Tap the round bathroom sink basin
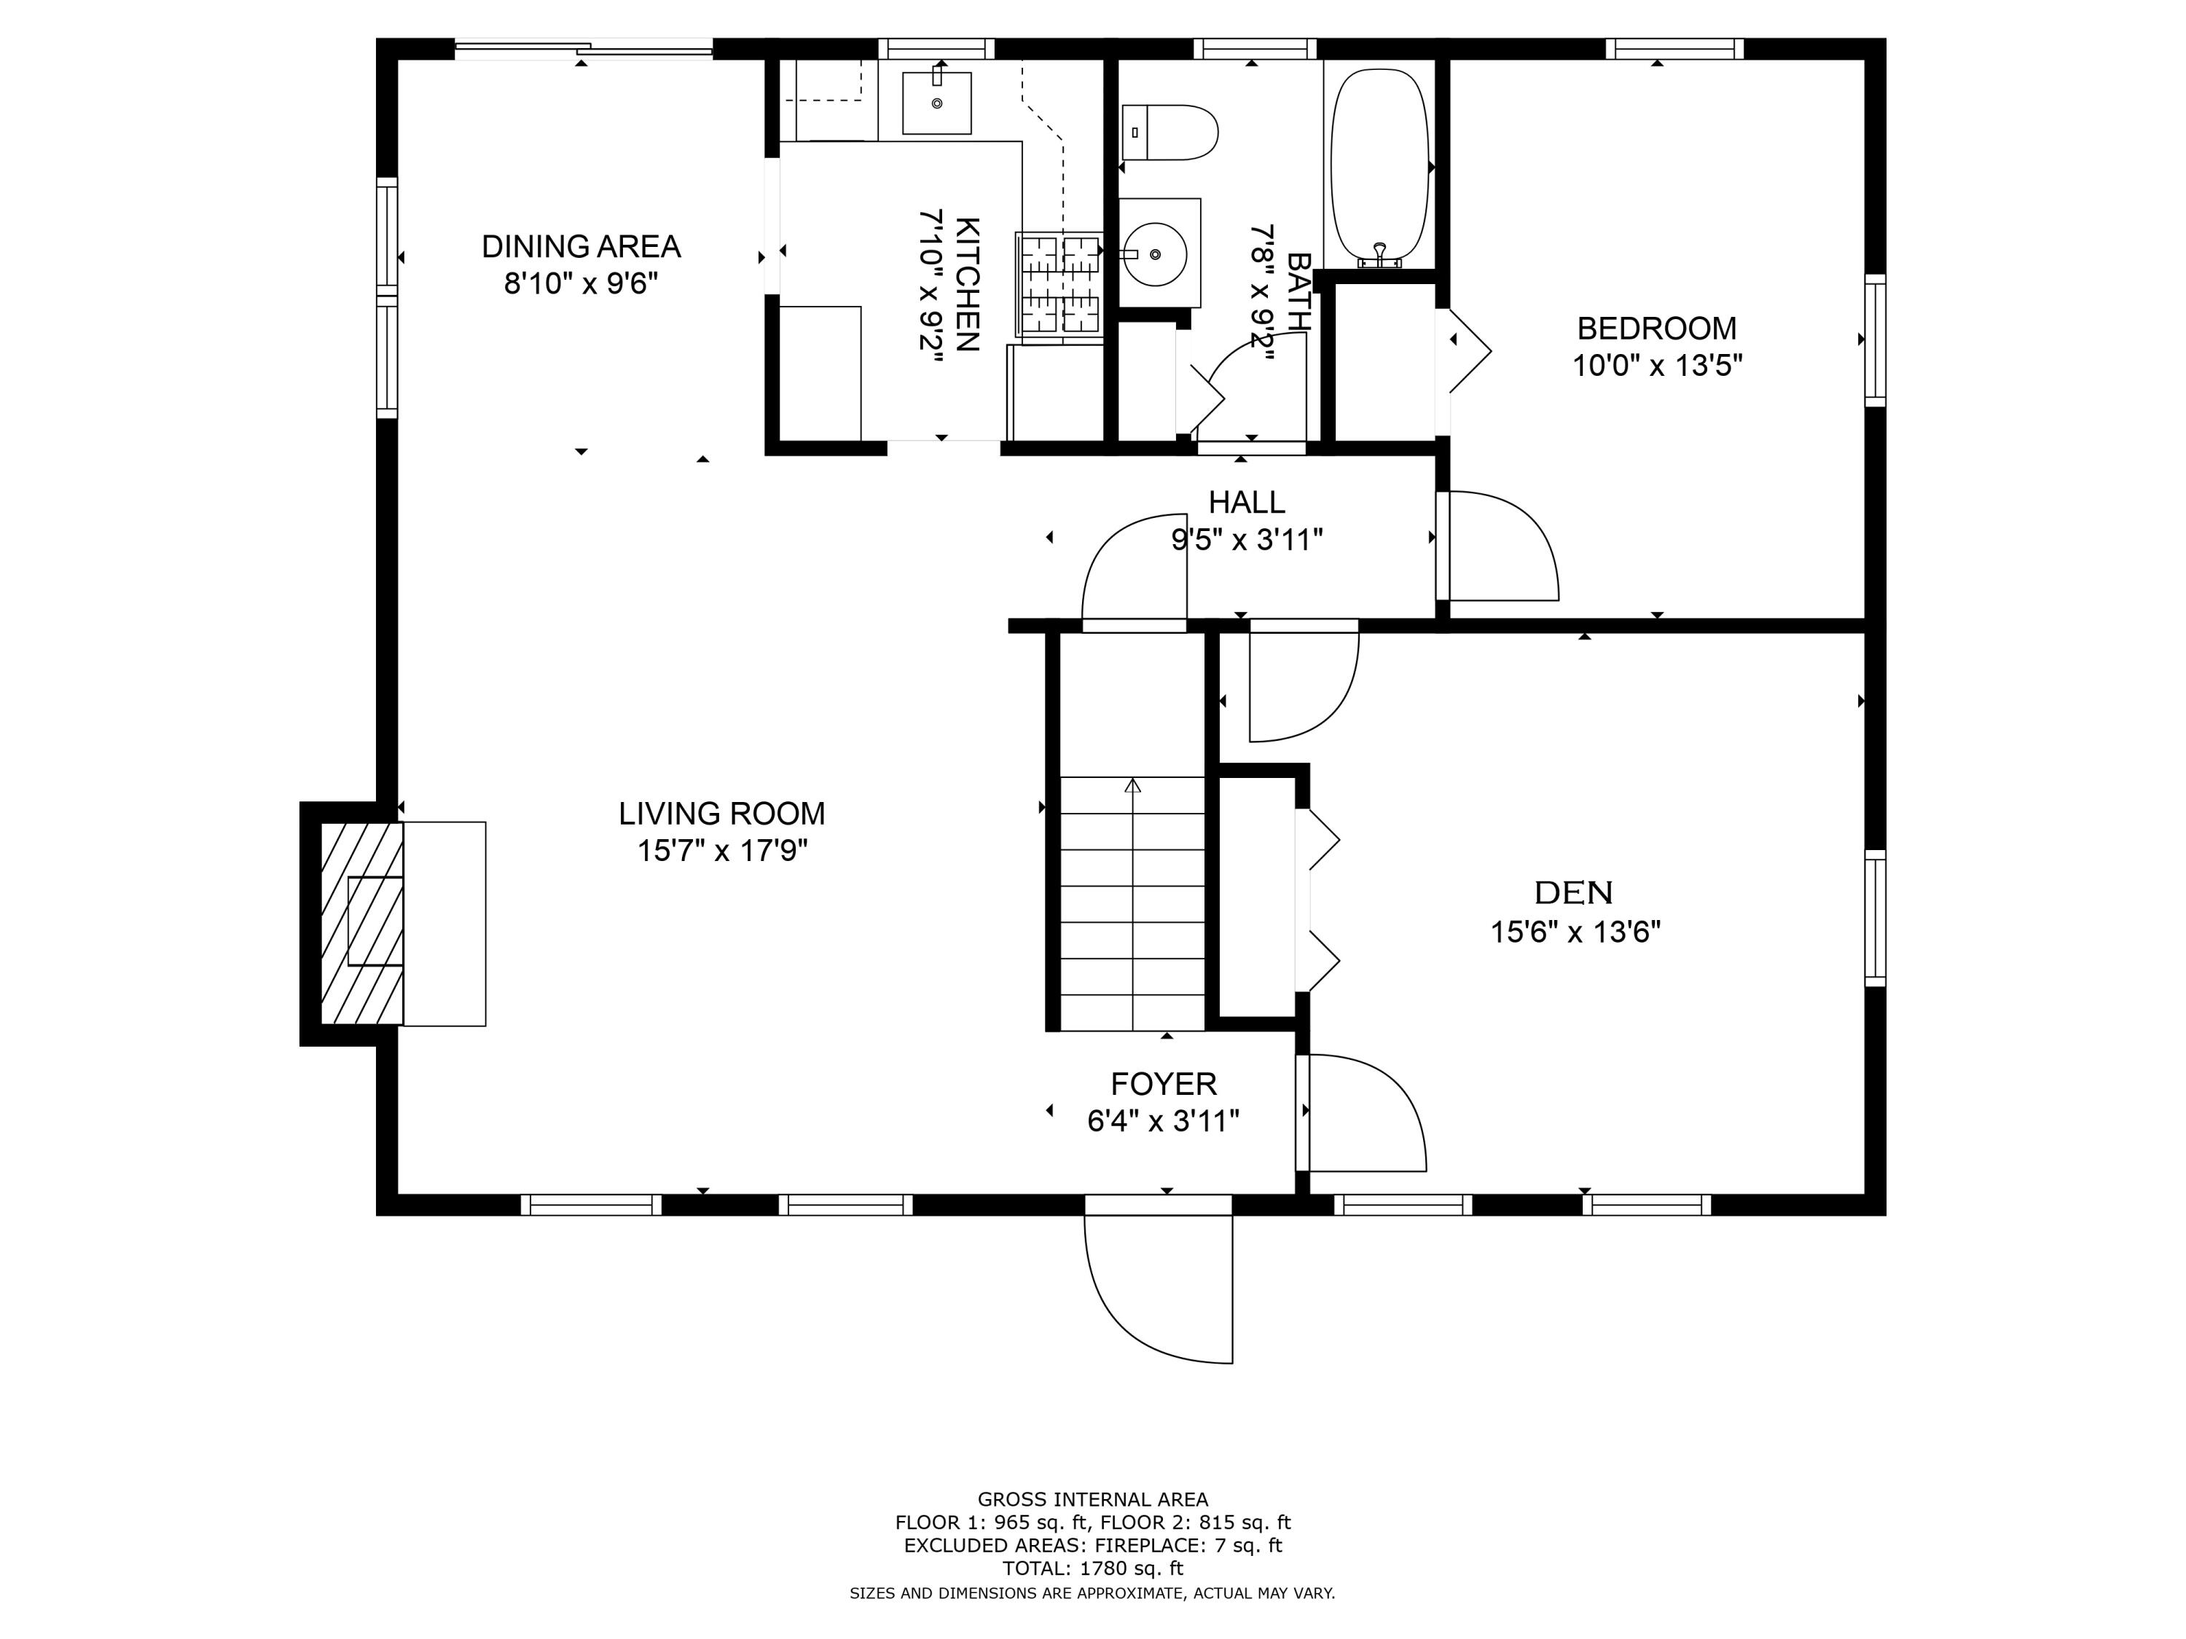[x=1155, y=254]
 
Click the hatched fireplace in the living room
[x=361, y=923]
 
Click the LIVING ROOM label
[x=721, y=813]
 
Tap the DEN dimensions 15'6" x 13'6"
[x=1575, y=932]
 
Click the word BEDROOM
[x=1656, y=328]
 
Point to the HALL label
[x=1246, y=503]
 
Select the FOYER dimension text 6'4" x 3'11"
[x=1163, y=1121]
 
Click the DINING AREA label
[x=581, y=246]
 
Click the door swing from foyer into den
[x=1365, y=1113]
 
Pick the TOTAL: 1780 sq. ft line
[x=1092, y=1568]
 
